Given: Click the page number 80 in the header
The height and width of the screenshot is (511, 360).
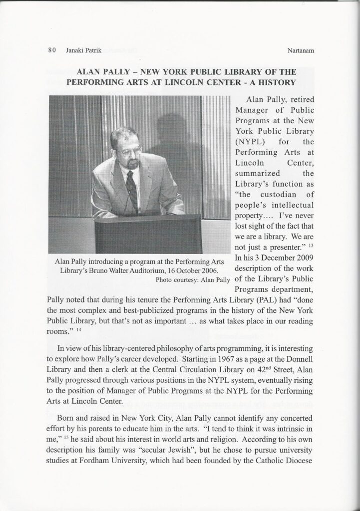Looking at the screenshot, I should coord(51,50).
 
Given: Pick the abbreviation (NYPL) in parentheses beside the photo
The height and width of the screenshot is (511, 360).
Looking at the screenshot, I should coord(249,141).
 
